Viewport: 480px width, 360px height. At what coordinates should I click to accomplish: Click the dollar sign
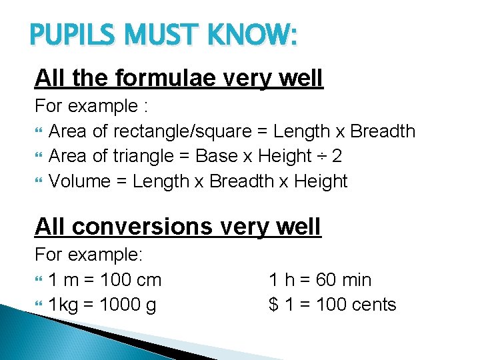273,305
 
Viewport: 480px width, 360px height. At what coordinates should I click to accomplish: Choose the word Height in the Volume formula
321,181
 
